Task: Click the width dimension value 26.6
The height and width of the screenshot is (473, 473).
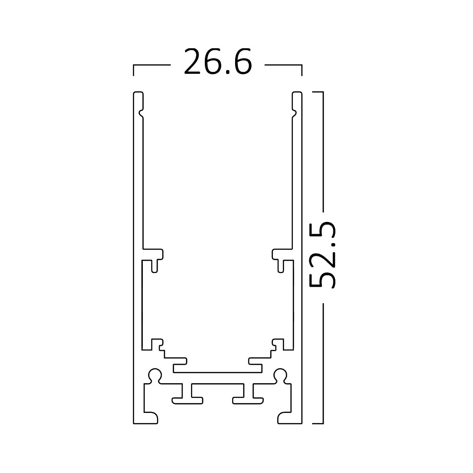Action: tap(218, 62)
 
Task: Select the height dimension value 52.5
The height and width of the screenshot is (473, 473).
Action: tap(323, 254)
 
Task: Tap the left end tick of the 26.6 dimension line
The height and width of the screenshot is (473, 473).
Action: tap(134, 70)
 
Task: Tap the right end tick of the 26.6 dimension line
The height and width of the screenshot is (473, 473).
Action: tap(302, 70)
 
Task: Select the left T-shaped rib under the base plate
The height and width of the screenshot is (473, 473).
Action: tap(188, 394)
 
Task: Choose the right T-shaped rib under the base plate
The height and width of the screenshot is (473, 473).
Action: tap(248, 394)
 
